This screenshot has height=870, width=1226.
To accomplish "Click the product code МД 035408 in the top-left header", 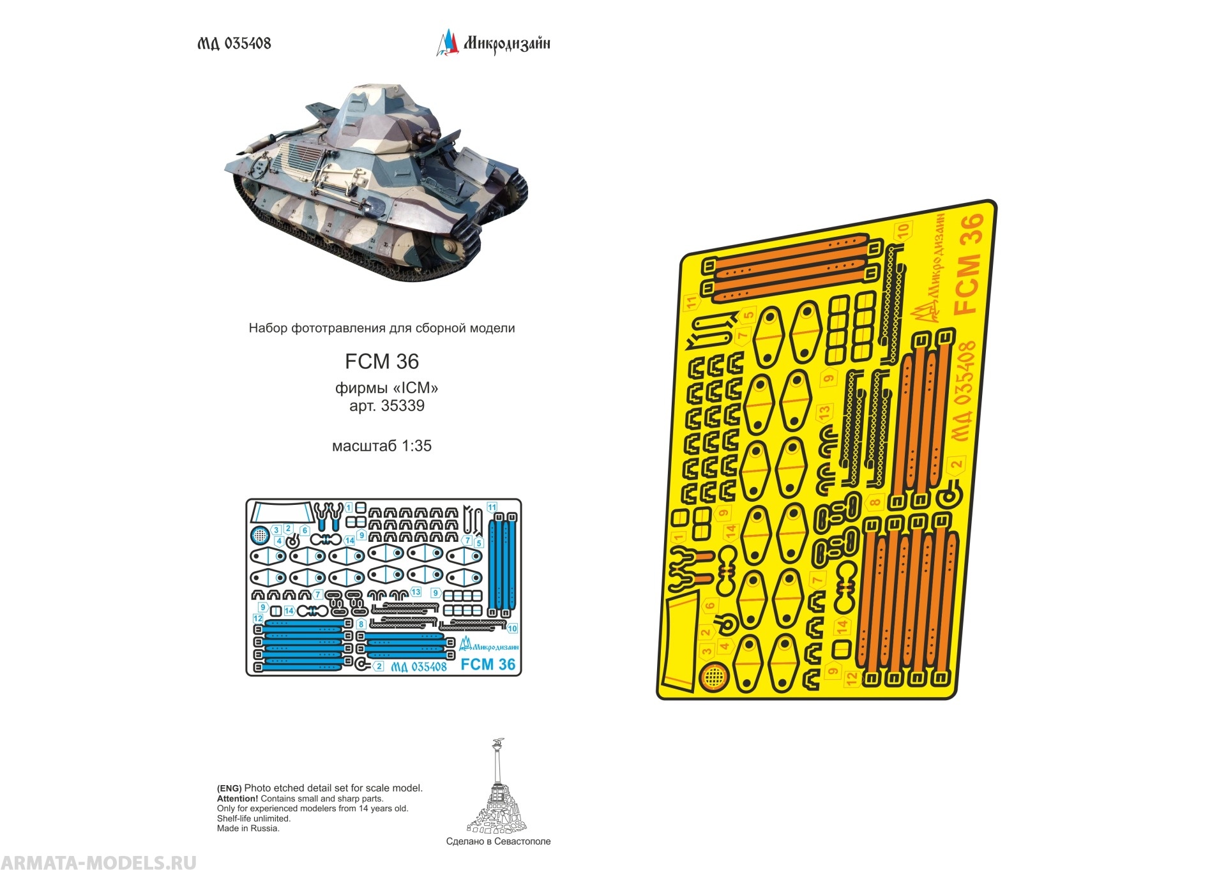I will pos(234,43).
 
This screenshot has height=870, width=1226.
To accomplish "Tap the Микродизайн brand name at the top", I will pos(506,43).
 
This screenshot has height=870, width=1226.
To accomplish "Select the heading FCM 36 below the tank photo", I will pos(382,362).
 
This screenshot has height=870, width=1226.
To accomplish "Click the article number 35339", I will pos(402,406).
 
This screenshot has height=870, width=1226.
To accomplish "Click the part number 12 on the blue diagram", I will pos(258,619).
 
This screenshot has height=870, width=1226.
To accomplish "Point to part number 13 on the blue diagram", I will pos(416,592).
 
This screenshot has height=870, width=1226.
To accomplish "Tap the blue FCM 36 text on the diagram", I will pos(488,664).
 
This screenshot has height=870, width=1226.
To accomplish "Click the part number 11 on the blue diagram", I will pos(492,507).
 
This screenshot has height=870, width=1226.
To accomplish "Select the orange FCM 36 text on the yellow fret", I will pos(969,264).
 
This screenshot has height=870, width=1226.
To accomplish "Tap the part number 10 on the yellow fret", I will pos(903,230).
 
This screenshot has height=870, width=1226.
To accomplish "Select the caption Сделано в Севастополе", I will pos(498,841).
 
